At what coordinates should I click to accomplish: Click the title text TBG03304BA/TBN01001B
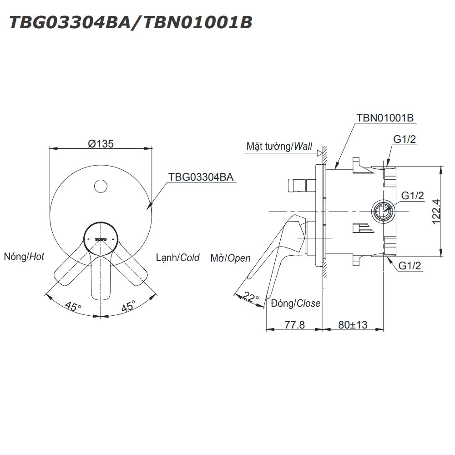tap(131, 22)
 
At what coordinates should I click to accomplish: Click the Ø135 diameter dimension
tap(101, 143)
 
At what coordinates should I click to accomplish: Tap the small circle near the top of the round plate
tap(101, 186)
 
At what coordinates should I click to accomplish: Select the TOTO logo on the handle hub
tap(101, 239)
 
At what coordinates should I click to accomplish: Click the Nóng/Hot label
tap(24, 257)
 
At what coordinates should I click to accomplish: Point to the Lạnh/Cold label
tap(177, 258)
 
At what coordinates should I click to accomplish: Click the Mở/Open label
tap(230, 258)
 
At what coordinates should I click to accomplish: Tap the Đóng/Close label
tap(295, 303)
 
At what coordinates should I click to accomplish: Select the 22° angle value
tap(251, 296)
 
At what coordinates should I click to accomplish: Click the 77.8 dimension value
tap(294, 325)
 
